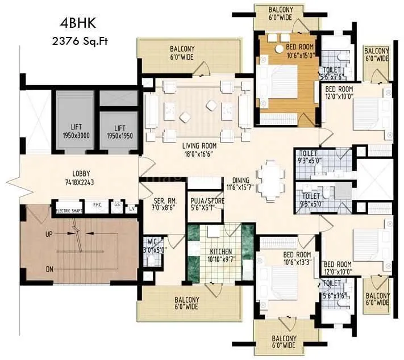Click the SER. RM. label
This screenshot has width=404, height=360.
[x=163, y=203]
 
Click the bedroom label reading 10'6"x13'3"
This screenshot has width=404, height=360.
[x=298, y=258]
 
